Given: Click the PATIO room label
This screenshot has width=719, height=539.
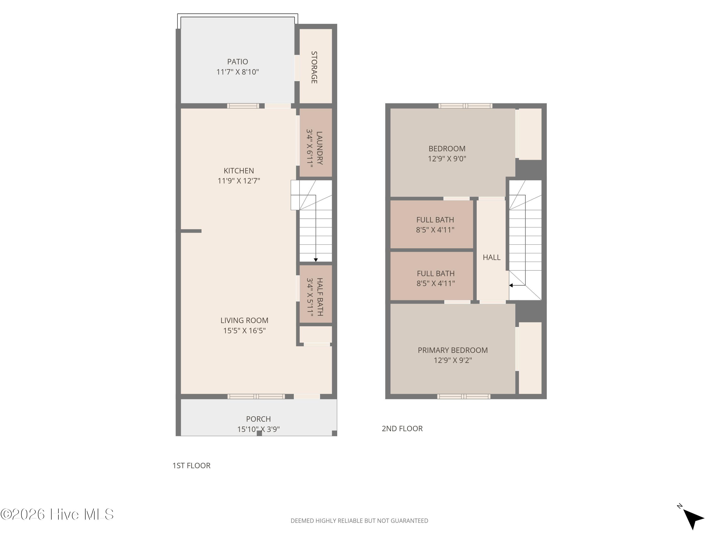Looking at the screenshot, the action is (237, 62).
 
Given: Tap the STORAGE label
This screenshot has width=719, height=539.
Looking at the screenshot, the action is (314, 67).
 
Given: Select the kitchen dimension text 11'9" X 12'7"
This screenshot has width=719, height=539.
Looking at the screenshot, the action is (239, 181).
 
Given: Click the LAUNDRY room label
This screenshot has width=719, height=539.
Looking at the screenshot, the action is (319, 148).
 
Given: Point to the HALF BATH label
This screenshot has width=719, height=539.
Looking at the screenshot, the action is (319, 297).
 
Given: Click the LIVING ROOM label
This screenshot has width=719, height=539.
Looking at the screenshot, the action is (244, 320).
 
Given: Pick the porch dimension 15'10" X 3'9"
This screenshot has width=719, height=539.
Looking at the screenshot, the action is (258, 429).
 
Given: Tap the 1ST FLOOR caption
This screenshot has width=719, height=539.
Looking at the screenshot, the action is (191, 465).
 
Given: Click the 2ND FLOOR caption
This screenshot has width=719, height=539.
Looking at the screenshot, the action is (402, 429).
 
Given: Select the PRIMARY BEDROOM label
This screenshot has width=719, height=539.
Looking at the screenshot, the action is (452, 350).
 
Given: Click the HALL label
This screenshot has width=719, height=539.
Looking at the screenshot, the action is (492, 257).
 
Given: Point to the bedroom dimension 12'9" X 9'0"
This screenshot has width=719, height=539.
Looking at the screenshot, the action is (447, 159).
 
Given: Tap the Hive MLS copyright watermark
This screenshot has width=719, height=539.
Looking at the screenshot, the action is (57, 514).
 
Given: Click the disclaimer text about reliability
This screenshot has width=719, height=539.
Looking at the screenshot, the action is (359, 521).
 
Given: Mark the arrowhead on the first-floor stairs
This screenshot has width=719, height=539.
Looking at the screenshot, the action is (316, 260).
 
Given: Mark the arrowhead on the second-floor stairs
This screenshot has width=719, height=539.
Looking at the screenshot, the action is (511, 286).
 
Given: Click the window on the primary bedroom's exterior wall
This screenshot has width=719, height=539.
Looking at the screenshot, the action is (464, 396).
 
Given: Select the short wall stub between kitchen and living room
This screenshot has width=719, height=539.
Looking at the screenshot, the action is (191, 231).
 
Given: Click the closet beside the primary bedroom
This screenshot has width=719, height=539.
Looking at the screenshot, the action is (530, 358).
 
